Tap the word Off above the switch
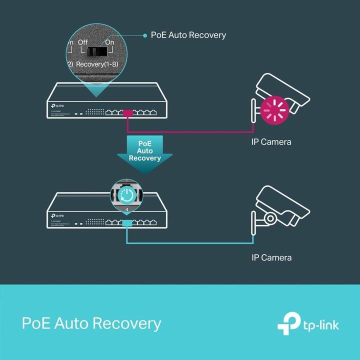coord(82,42)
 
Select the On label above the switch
coord(109,42)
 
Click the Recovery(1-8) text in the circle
coord(98,64)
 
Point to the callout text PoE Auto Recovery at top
coord(188,35)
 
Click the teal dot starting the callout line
coord(143,35)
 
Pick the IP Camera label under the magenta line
coord(271,142)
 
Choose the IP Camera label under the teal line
coord(271,258)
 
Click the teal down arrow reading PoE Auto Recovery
coord(145,152)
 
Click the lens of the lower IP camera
coord(270,218)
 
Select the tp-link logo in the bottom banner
coord(308,324)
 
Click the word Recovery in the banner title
coord(126,323)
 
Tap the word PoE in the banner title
coord(35,323)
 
